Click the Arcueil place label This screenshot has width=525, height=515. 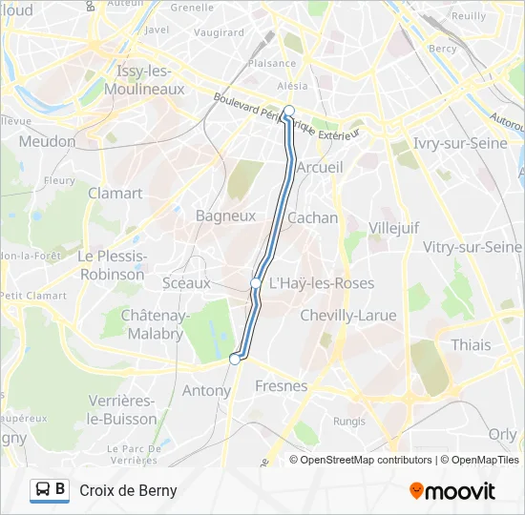coord(320,167)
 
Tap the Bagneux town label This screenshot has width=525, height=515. coord(225,216)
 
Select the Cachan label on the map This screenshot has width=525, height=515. coord(312,217)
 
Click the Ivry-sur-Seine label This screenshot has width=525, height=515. coord(460,143)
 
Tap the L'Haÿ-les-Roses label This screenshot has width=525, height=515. coord(321,283)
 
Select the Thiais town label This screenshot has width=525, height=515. coord(471,344)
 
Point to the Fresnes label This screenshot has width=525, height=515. coord(282,386)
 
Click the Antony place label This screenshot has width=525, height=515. coord(206,390)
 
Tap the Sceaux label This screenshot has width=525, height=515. coord(186,282)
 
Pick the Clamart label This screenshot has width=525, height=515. coord(115,193)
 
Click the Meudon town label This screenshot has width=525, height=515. coord(47,141)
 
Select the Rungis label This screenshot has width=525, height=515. coord(349,421)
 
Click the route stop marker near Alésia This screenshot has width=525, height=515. coord(288,111)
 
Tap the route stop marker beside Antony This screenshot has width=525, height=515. coord(235,360)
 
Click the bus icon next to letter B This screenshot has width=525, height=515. coord(43,490)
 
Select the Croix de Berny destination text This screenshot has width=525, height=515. coord(128,491)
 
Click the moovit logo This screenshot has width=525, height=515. coord(452,491)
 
